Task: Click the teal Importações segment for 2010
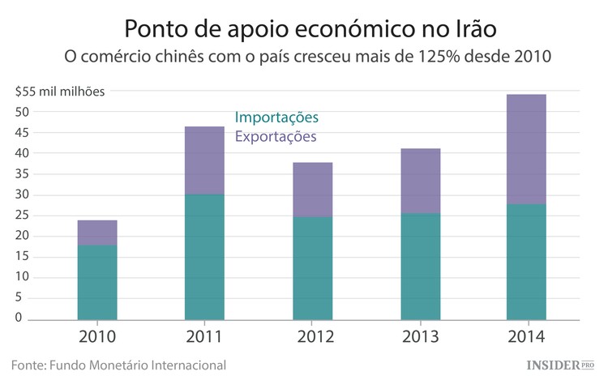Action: [x=97, y=282]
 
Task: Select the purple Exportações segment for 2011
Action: [x=204, y=160]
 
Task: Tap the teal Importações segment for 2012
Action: [x=312, y=267]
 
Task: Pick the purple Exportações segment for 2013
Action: [x=420, y=181]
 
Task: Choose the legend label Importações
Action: [x=276, y=117]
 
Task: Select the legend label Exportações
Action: [x=276, y=137]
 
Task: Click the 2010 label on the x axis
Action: [x=97, y=335]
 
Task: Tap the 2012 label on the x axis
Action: [x=312, y=335]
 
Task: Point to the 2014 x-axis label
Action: [x=526, y=335]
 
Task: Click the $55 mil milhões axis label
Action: [x=59, y=91]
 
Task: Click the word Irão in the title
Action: [x=470, y=29]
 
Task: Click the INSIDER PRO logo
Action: [x=560, y=365]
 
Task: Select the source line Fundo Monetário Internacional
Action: [x=118, y=365]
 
